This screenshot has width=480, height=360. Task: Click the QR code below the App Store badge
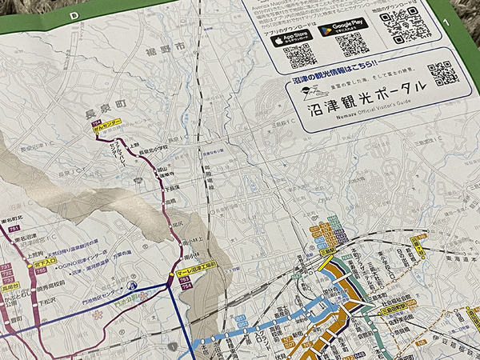(x=302, y=57)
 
